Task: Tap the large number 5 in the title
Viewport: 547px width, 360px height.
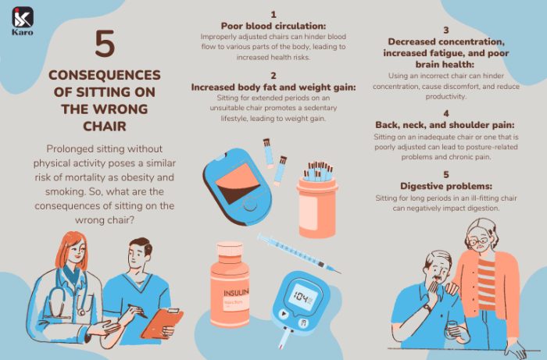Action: point(104,45)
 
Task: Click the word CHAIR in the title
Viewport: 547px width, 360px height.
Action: point(104,126)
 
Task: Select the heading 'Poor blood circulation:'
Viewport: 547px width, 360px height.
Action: point(273,25)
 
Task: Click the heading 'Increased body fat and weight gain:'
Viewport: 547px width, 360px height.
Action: point(273,87)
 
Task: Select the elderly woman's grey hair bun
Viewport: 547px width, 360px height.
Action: point(477,228)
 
